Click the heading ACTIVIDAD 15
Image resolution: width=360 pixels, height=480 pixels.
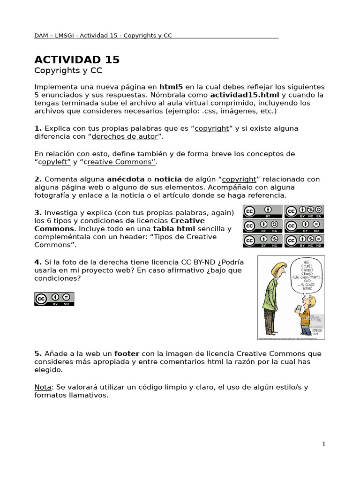(77, 60)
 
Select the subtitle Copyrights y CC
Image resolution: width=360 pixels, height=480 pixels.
(68, 71)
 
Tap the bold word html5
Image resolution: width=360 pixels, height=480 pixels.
(171, 87)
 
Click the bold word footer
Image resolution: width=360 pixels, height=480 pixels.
(127, 353)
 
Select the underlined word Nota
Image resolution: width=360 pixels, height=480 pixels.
(43, 387)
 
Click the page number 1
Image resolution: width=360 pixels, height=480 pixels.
(323, 444)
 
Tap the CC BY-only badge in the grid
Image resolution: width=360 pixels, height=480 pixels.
(262, 211)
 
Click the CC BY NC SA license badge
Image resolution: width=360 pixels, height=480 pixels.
(305, 211)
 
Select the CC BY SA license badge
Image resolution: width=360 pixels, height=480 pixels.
(262, 226)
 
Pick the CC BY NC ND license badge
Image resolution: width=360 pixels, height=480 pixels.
(305, 240)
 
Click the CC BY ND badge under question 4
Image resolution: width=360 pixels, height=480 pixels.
(54, 299)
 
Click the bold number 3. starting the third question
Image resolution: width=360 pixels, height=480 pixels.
(38, 213)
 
